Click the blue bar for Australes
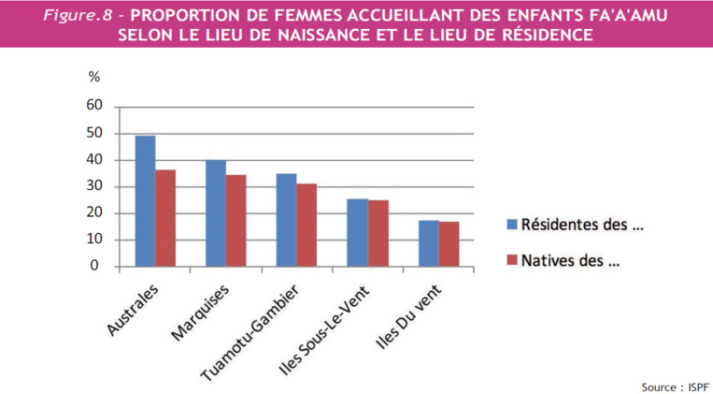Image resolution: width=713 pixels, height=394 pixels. pyautogui.click(x=145, y=201)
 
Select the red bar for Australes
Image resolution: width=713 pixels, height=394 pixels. pyautogui.click(x=165, y=218)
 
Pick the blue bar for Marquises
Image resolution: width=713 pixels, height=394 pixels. pyautogui.click(x=215, y=213)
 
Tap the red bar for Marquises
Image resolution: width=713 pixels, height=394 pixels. pyautogui.click(x=235, y=221)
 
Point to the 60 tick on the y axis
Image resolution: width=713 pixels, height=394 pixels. pyautogui.click(x=93, y=106)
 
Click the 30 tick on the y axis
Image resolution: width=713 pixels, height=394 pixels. pyautogui.click(x=93, y=186)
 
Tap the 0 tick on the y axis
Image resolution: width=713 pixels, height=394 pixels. pyautogui.click(x=96, y=266)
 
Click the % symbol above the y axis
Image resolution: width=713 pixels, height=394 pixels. pyautogui.click(x=93, y=78)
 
